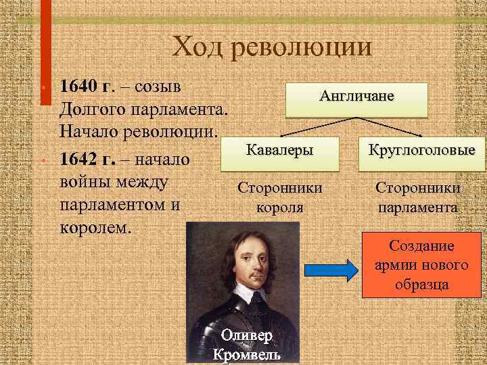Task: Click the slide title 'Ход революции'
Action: [272, 47]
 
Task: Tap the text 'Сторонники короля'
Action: [280, 198]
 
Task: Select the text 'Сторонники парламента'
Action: [418, 198]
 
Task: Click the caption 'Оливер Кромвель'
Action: [248, 345]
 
